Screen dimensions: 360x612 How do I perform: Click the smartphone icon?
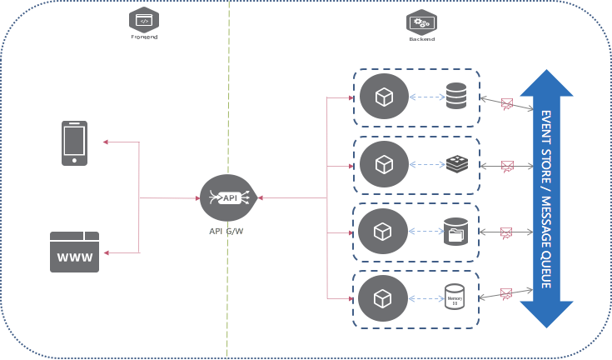point(74,143)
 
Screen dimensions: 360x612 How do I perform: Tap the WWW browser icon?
point(74,252)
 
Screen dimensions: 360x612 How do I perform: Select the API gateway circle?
point(227,197)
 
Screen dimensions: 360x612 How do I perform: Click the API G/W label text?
point(226,231)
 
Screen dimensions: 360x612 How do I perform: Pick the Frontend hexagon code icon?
point(144,20)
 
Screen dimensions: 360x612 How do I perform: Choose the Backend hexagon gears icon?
point(421,22)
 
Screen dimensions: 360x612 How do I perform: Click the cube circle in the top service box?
point(383,97)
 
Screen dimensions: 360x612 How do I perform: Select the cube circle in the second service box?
point(383,164)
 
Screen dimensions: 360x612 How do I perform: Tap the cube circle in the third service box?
point(383,231)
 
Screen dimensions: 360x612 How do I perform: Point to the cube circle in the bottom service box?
point(383,298)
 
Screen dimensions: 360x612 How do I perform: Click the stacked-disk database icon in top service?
point(455,96)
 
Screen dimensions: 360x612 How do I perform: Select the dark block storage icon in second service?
point(456,164)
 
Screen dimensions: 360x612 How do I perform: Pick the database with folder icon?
point(455,232)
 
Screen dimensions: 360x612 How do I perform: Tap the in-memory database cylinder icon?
point(455,297)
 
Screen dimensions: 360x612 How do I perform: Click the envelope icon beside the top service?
point(506,104)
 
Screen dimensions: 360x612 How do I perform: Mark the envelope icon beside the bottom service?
point(506,293)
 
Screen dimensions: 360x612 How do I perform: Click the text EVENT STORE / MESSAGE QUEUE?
point(546,198)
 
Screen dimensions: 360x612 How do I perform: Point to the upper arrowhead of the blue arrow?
point(546,83)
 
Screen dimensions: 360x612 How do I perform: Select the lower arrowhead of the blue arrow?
point(546,314)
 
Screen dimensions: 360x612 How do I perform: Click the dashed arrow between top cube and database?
point(427,97)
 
